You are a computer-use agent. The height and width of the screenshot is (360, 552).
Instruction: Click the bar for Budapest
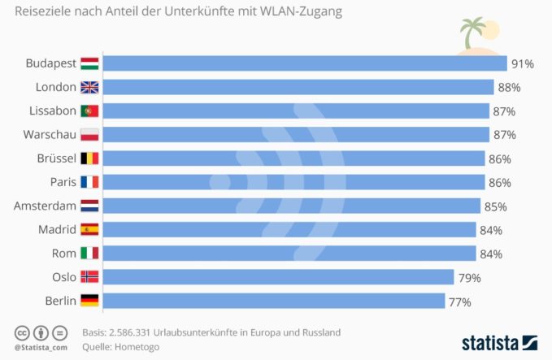click(305, 63)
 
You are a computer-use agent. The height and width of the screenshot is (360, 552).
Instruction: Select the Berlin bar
click(274, 301)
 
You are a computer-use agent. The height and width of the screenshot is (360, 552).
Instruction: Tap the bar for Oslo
click(279, 277)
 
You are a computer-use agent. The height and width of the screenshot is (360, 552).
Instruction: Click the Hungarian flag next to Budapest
click(89, 63)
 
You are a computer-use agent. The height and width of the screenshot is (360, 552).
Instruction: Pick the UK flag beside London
click(89, 87)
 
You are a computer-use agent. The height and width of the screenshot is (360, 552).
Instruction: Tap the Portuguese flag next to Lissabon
click(89, 111)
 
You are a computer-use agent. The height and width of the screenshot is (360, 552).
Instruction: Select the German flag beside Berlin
click(89, 301)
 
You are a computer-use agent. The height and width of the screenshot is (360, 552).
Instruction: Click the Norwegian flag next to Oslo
click(89, 277)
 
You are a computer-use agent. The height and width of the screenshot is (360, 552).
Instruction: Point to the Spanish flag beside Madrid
click(89, 229)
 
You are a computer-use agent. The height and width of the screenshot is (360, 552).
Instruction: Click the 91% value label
click(523, 64)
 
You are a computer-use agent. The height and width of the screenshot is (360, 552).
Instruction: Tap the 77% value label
click(460, 302)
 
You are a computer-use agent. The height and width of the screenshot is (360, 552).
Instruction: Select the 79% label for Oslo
click(470, 278)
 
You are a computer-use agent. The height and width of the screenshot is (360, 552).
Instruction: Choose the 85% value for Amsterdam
click(496, 207)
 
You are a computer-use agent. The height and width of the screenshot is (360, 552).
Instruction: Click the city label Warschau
click(50, 134)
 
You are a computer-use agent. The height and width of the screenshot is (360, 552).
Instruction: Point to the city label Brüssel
click(56, 158)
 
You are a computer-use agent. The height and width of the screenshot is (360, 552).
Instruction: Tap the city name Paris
click(63, 182)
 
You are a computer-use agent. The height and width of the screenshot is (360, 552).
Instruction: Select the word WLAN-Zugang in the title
click(301, 11)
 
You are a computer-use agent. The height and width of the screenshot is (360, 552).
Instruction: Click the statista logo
click(499, 343)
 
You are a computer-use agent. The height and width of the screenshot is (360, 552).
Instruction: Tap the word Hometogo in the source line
click(137, 347)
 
